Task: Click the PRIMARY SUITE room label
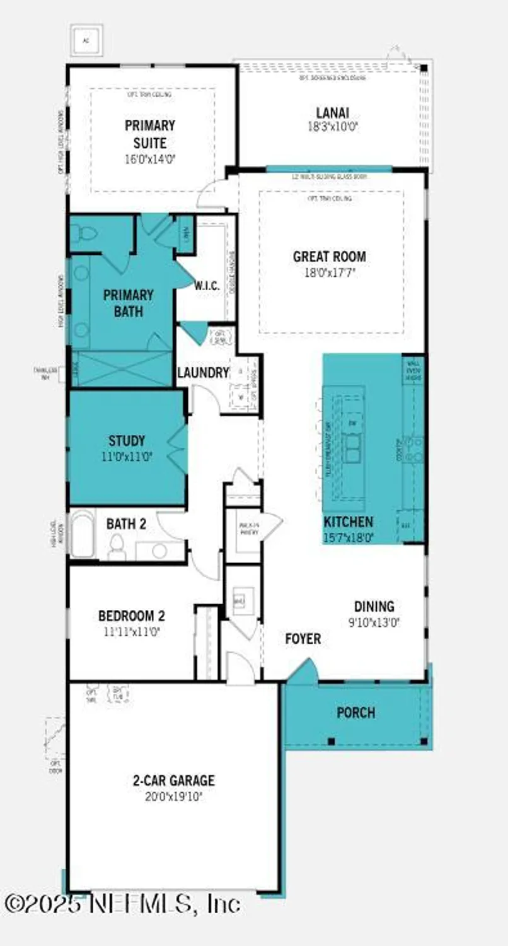pos(149,134)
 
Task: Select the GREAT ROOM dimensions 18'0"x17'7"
pos(329,273)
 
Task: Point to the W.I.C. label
pos(207,286)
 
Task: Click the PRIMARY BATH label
pos(128,303)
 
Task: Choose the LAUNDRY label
pos(202,373)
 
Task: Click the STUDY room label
pos(126,440)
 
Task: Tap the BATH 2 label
pos(126,523)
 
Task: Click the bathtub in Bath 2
pos(83,535)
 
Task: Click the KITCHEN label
pos(348,522)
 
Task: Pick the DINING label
pos(374,606)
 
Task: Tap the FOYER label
pos(303,639)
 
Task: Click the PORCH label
pos(355,713)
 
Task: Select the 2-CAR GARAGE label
pos(173,781)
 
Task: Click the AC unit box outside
pos(86,40)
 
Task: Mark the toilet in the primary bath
pos(83,233)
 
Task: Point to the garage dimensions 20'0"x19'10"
pos(173,797)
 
